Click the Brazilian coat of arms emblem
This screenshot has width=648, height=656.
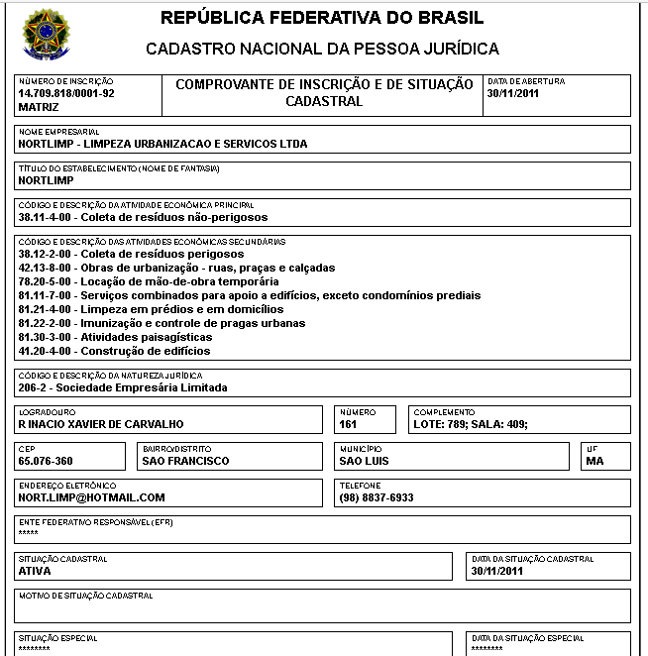[x=44, y=35]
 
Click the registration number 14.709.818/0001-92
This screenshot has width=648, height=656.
[x=66, y=93]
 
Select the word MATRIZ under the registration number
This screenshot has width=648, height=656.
[x=40, y=106]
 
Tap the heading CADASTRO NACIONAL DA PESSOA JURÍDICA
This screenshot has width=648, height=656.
[x=322, y=49]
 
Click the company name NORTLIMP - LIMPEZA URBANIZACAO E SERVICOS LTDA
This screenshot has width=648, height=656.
[x=162, y=144]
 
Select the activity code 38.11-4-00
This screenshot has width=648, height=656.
[x=47, y=217]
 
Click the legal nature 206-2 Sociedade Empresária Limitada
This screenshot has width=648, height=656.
[x=123, y=387]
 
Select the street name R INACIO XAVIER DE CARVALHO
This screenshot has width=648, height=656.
[x=101, y=424]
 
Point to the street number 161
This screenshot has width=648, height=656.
[x=348, y=424]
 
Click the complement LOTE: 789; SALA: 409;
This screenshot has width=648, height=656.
[x=471, y=424]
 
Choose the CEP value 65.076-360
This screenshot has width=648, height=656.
[x=46, y=461]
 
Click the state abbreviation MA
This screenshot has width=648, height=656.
[x=594, y=461]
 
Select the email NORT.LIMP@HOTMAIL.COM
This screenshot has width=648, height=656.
[x=91, y=497]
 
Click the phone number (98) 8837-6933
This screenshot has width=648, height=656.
[x=377, y=497]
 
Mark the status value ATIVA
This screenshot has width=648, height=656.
[x=35, y=571]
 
